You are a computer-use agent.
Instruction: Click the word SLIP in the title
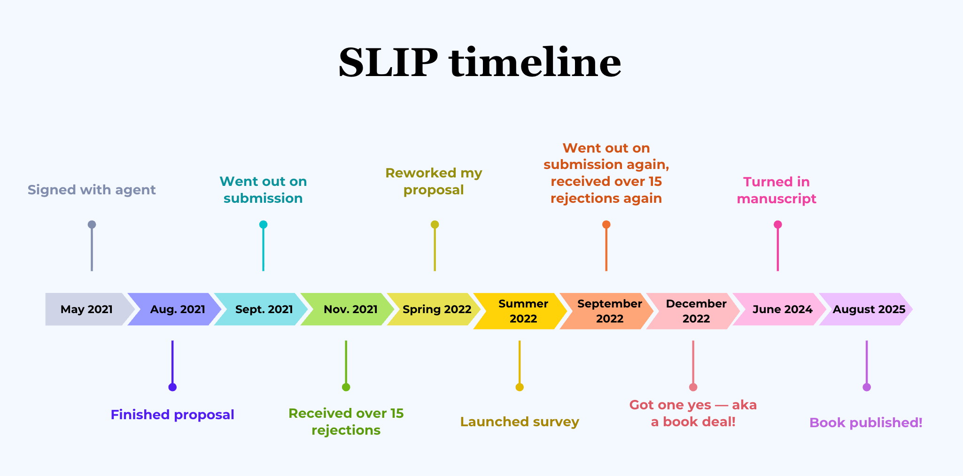pyautogui.click(x=388, y=63)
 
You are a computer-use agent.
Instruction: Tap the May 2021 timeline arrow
pyautogui.click(x=86, y=309)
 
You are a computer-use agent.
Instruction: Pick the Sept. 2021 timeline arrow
pyautogui.click(x=264, y=309)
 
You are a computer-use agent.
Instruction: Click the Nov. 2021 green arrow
pyautogui.click(x=350, y=309)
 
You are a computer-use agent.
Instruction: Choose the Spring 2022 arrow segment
pyautogui.click(x=436, y=309)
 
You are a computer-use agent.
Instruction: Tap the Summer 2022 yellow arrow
pyautogui.click(x=523, y=311)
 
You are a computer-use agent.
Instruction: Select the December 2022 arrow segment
pyautogui.click(x=696, y=311)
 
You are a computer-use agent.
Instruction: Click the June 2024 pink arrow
pyautogui.click(x=782, y=309)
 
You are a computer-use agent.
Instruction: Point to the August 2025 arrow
pyautogui.click(x=869, y=309)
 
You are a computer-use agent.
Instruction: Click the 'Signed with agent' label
pyautogui.click(x=92, y=190)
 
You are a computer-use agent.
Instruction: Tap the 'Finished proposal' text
pyautogui.click(x=172, y=415)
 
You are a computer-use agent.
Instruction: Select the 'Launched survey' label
pyautogui.click(x=520, y=422)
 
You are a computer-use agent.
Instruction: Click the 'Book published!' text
pyautogui.click(x=866, y=422)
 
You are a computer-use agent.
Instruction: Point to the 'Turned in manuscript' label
pyautogui.click(x=777, y=190)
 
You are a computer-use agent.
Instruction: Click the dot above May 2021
pyautogui.click(x=92, y=224)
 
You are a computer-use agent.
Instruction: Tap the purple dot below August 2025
pyautogui.click(x=867, y=387)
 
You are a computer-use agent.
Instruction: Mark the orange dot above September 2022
pyautogui.click(x=606, y=224)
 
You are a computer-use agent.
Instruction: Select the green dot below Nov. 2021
pyautogui.click(x=346, y=387)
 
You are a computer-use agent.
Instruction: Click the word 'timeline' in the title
pyautogui.click(x=535, y=63)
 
